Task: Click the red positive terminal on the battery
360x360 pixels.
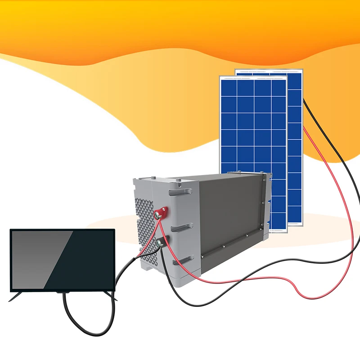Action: coord(160,212)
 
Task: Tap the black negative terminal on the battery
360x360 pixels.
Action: coord(161,243)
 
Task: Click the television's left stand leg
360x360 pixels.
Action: coord(16,297)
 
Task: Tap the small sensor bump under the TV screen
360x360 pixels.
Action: coord(63,292)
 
